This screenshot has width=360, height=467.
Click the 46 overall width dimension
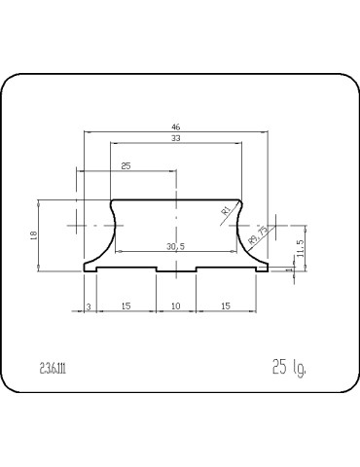point(176,126)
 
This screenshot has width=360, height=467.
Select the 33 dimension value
point(176,139)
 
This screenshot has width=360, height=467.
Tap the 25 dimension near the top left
point(126,166)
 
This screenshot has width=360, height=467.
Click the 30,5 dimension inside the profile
point(176,246)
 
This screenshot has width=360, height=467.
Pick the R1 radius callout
point(225,209)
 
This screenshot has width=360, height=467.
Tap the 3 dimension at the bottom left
point(89,305)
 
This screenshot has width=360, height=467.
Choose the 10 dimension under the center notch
point(176,305)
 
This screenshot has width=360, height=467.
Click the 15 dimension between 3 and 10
point(126,305)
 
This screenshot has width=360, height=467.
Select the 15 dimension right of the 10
point(226,305)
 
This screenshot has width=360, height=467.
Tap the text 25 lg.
point(289,368)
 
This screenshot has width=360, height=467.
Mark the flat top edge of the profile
point(176,199)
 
